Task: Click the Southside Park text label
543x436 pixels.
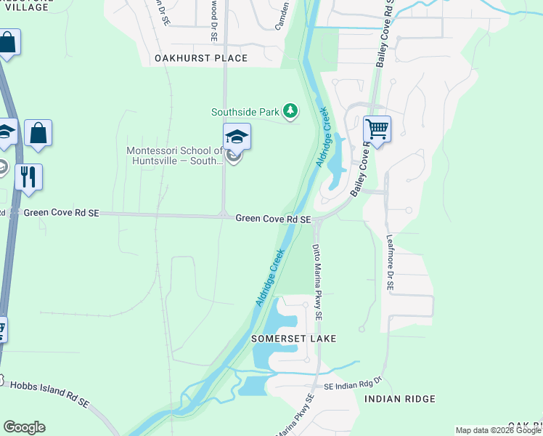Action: click(246, 112)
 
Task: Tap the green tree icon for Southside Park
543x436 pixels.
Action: click(290, 111)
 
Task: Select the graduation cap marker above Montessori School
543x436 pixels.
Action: click(237, 136)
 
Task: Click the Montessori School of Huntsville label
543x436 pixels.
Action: click(175, 156)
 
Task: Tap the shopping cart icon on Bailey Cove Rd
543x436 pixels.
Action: click(377, 129)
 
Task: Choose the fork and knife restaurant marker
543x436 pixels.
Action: click(28, 177)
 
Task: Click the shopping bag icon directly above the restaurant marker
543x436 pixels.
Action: click(38, 134)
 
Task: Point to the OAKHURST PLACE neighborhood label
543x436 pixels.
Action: click(201, 58)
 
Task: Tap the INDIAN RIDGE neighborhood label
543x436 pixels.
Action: click(400, 399)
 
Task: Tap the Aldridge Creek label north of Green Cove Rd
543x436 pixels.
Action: click(323, 137)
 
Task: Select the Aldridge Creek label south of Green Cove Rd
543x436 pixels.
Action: click(270, 278)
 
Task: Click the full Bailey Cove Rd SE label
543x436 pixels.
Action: click(382, 34)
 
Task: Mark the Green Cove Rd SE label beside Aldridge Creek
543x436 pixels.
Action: click(273, 219)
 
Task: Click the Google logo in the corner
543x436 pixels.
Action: click(24, 427)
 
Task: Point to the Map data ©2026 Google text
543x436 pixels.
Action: click(498, 430)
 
